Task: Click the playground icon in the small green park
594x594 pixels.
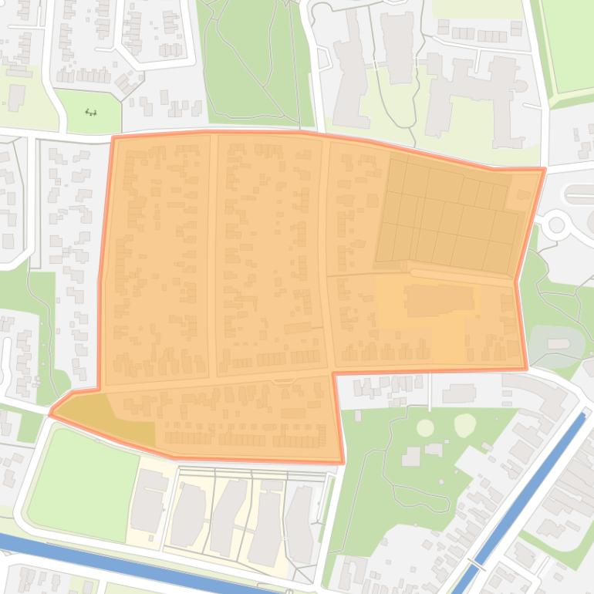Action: [x=91, y=113]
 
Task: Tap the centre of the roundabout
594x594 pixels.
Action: [x=555, y=225]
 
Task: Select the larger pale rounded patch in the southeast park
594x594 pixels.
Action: [x=465, y=424]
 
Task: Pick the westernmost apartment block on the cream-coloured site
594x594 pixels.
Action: [x=149, y=501]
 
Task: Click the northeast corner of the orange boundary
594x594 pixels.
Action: [x=544, y=169]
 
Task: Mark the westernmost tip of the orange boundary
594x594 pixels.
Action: [x=51, y=414]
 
